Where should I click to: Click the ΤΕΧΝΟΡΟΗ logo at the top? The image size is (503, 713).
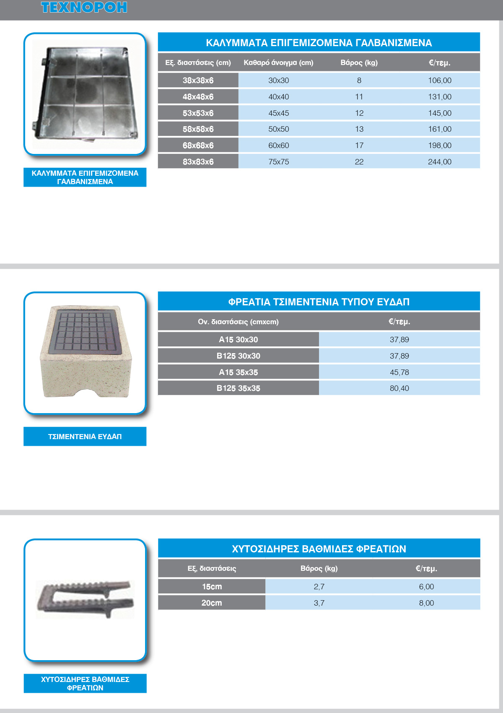point(84,8)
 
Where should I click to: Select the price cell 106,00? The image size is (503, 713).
point(439,81)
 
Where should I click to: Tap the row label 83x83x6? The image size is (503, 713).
point(198,162)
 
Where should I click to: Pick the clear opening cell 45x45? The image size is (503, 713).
point(278,113)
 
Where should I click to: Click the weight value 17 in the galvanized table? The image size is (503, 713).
point(359,146)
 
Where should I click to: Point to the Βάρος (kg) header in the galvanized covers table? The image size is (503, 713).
point(359,63)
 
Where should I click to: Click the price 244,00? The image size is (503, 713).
point(439,162)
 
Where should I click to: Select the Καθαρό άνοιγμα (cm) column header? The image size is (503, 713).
point(278,63)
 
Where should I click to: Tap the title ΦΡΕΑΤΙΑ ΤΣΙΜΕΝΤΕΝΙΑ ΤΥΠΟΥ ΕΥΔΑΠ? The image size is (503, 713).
point(319,302)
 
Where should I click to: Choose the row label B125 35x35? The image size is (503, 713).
point(238,388)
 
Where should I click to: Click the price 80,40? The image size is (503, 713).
point(399,388)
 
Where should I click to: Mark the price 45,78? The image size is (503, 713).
point(399,372)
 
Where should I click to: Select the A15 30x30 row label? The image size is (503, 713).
point(238,340)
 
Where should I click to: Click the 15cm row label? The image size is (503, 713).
point(212,587)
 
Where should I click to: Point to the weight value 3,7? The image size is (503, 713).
point(319,603)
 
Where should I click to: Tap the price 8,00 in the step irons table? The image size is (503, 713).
point(426,603)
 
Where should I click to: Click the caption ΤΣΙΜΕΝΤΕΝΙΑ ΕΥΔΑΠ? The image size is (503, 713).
point(85,437)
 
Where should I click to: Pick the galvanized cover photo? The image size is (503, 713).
point(86,93)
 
